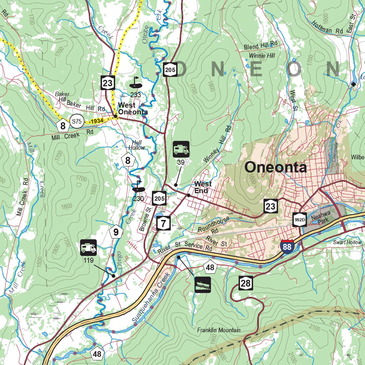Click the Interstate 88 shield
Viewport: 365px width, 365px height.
coord(287,246)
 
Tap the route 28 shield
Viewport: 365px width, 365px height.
coord(246,283)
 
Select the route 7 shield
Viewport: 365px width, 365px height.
coord(163,223)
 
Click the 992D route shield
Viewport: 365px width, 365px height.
coord(300,220)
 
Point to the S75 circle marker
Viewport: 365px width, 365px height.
coord(77,121)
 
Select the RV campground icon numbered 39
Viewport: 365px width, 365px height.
coord(181,149)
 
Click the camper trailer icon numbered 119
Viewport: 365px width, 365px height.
coord(88,247)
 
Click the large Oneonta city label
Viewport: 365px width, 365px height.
coord(276,168)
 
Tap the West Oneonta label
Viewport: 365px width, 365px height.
coord(132,109)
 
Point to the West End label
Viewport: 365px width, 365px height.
coord(203,187)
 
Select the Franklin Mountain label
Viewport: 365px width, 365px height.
coord(219,330)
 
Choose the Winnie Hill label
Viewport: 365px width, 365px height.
coord(262,56)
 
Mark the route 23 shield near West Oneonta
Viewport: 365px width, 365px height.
coord(107,83)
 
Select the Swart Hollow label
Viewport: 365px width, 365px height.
coord(347,242)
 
